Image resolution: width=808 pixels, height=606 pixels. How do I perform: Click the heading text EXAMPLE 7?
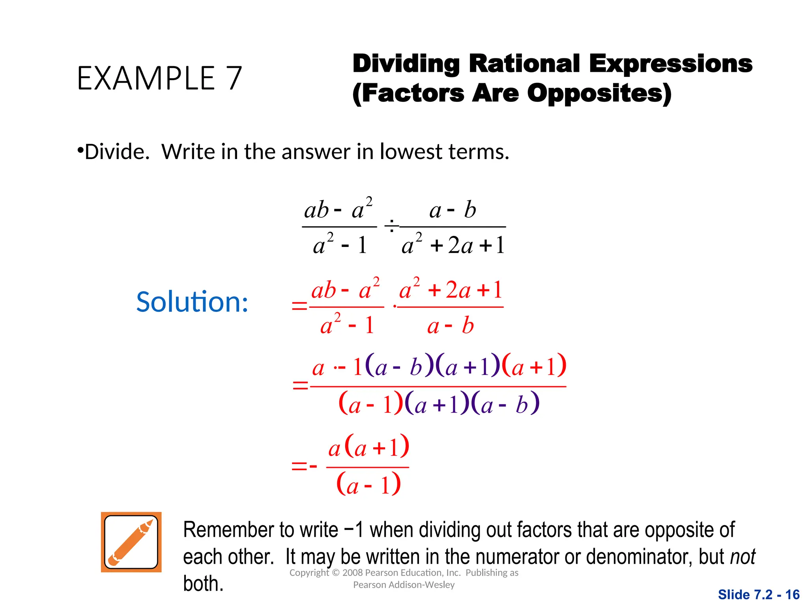tap(159, 78)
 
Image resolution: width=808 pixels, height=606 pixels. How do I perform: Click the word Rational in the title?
tap(524, 64)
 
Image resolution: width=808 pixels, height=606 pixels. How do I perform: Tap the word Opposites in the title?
tap(599, 94)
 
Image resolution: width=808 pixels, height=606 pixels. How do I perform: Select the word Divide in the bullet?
tap(117, 152)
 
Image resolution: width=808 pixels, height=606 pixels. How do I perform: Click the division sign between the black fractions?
tap(391, 226)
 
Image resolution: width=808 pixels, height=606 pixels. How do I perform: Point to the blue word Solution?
tap(192, 302)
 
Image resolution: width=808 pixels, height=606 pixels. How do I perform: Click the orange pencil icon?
tap(131, 542)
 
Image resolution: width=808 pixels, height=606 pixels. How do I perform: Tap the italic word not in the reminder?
tap(743, 557)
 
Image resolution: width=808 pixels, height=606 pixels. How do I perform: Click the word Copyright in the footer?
tap(309, 573)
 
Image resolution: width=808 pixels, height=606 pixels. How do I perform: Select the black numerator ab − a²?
tap(339, 209)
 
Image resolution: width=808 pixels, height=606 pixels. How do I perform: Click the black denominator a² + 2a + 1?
tap(453, 245)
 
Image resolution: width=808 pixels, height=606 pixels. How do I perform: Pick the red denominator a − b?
tap(450, 326)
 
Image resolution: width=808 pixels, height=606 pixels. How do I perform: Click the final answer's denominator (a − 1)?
tap(368, 485)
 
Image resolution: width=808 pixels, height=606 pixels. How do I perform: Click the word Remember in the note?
tap(226, 530)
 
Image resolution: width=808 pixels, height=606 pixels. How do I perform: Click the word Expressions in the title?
tap(671, 64)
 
